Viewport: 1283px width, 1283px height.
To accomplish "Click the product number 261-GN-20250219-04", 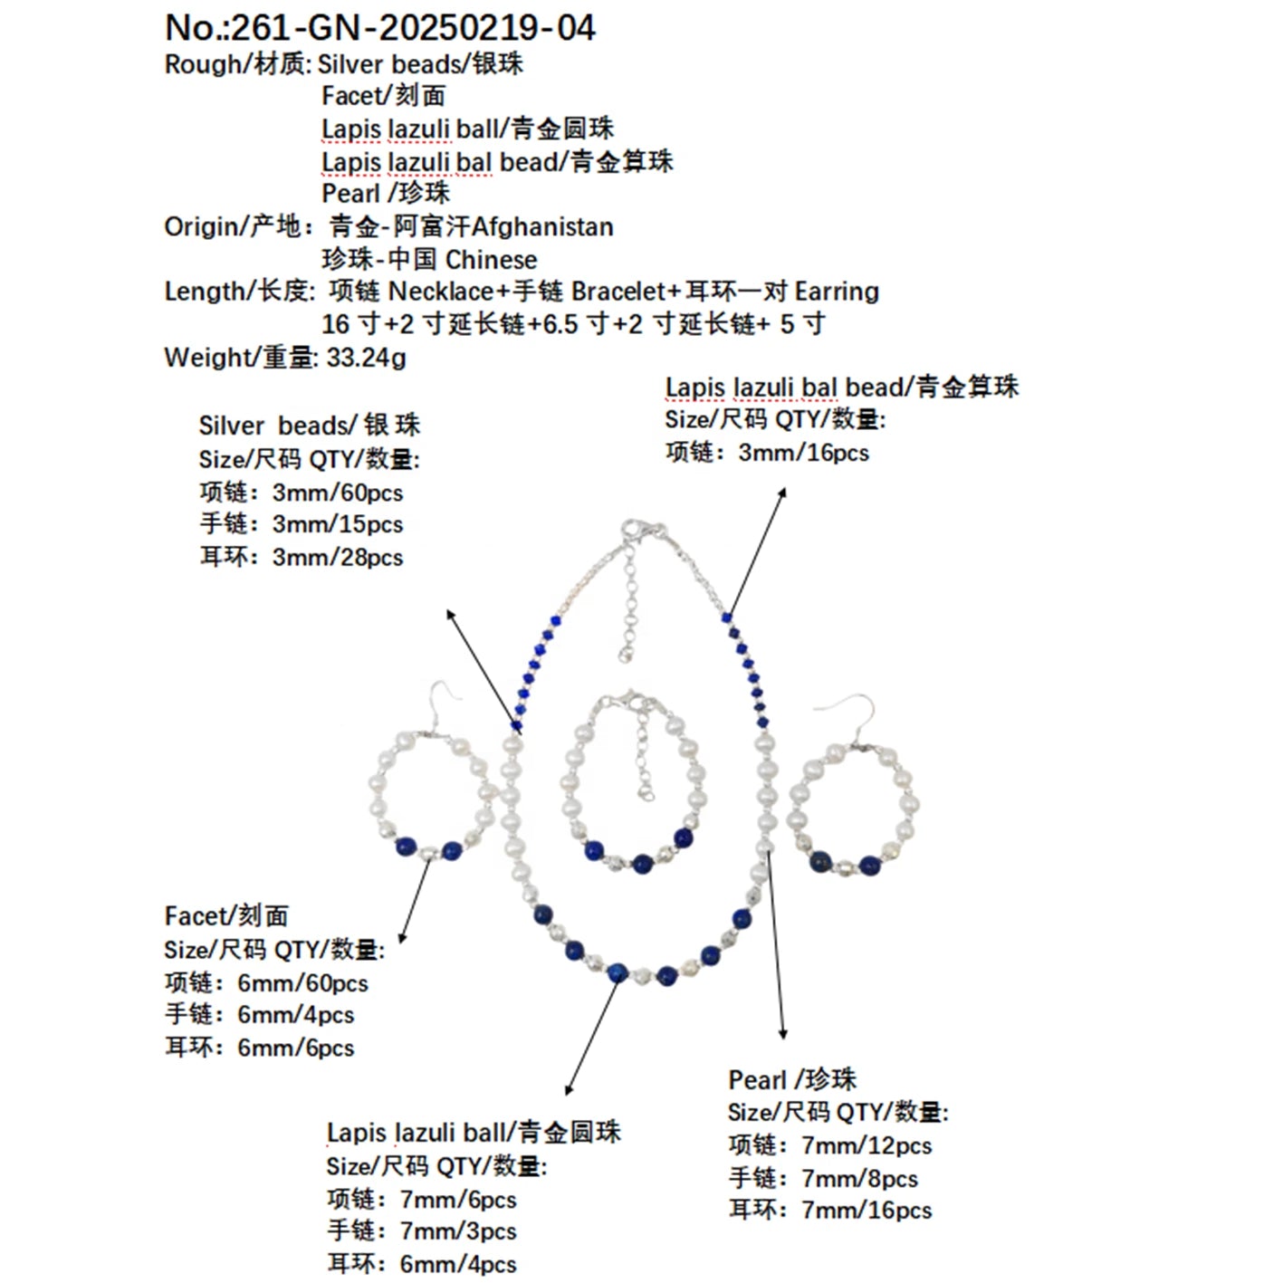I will [413, 28].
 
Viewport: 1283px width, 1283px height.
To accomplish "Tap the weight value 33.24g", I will [366, 358].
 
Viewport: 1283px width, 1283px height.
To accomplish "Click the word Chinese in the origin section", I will [491, 260].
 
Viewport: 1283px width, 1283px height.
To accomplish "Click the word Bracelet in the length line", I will [618, 292].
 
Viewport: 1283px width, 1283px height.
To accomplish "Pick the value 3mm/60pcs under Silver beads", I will [337, 493].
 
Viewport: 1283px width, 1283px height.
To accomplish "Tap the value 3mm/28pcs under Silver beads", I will [337, 558].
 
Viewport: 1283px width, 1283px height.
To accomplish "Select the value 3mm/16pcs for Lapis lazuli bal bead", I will [803, 453].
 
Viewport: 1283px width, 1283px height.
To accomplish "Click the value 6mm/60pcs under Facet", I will [302, 983].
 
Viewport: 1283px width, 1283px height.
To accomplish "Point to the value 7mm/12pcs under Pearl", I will [866, 1145].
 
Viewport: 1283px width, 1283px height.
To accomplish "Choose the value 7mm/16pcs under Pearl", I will [866, 1211].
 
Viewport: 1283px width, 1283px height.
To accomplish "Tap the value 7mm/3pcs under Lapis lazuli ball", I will [457, 1231].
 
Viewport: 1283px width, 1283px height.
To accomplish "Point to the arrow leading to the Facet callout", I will [416, 901].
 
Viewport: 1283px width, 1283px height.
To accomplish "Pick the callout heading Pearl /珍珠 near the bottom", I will [791, 1079].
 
